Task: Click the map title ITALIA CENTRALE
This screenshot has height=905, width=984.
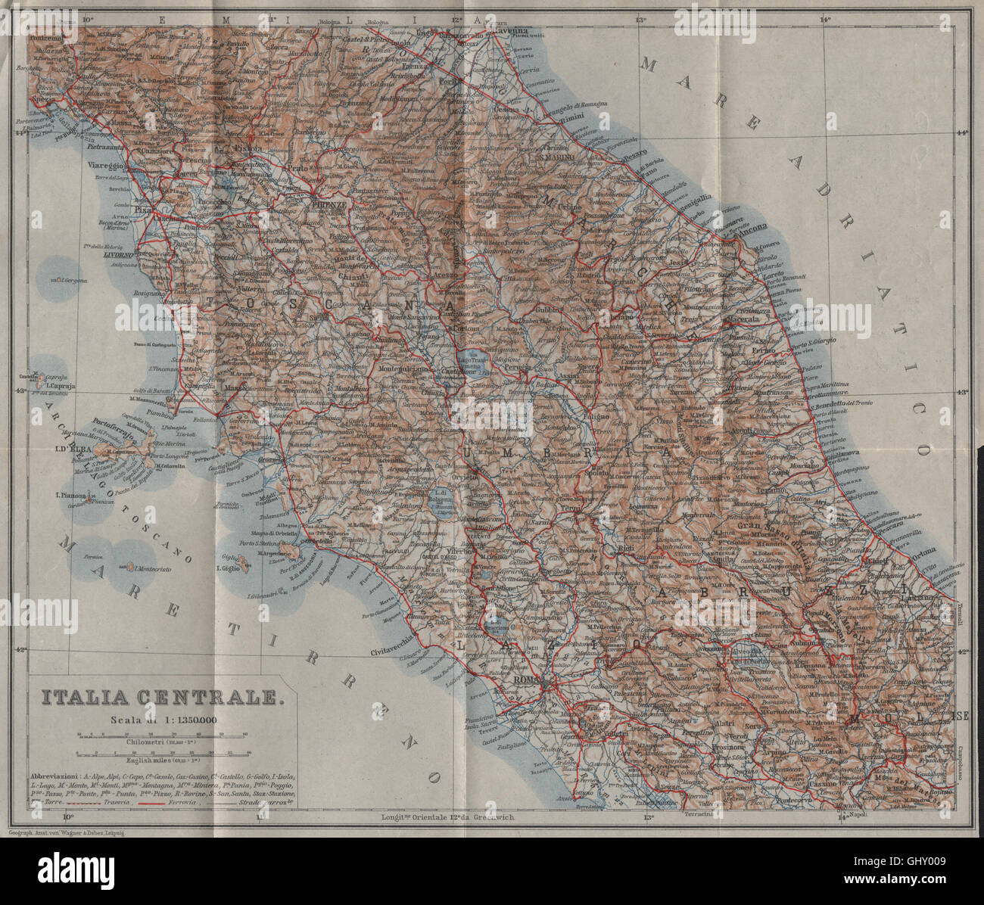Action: click(160, 698)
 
